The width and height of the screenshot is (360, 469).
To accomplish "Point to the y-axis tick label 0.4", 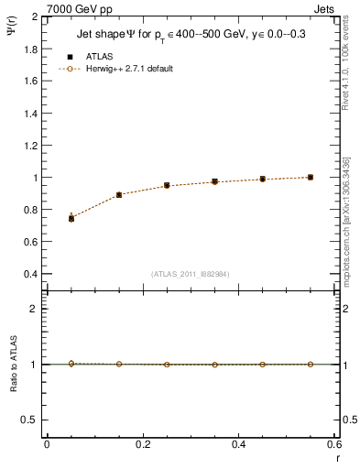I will click(29, 274).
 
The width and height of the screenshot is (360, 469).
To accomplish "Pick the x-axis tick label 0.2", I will click(142, 444).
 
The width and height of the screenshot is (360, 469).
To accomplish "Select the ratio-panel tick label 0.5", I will click(29, 420).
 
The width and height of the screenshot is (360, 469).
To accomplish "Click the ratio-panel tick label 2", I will click(34, 309).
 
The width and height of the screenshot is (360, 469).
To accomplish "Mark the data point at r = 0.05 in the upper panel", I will click(71, 218).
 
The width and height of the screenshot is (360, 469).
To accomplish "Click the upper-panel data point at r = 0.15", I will click(119, 195).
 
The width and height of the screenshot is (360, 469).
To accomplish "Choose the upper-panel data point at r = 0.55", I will click(311, 177).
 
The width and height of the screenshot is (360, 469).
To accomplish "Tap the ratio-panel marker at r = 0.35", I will click(214, 365).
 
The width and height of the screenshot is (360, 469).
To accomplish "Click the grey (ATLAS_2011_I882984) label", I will click(190, 273).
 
